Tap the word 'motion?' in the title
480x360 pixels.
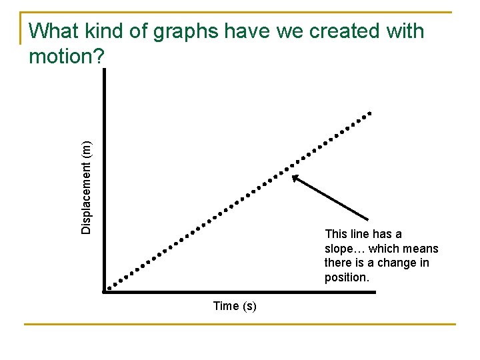click(67, 57)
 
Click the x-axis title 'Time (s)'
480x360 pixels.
click(235, 306)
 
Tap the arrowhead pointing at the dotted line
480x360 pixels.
click(295, 177)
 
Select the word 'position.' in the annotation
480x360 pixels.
click(347, 277)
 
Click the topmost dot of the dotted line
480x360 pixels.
click(370, 113)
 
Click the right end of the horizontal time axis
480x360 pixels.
click(374, 292)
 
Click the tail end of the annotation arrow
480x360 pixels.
click(368, 219)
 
